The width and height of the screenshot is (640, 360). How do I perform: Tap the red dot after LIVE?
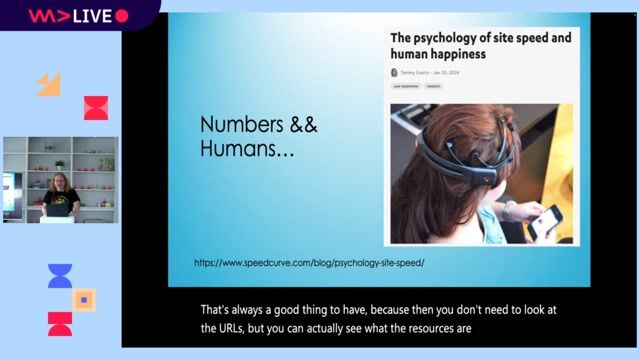pos(122,15)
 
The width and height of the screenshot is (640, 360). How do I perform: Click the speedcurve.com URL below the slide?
pos(310,262)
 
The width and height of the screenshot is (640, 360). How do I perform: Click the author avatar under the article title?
pos(394,73)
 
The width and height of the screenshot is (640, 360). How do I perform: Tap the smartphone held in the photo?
pos(544,222)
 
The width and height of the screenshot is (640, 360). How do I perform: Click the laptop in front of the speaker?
pos(58,209)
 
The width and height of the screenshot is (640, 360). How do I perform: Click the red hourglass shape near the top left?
pos(96,108)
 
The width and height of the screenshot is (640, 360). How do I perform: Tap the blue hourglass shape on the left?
pos(60,277)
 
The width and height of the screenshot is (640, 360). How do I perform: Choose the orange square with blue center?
pos(84,299)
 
